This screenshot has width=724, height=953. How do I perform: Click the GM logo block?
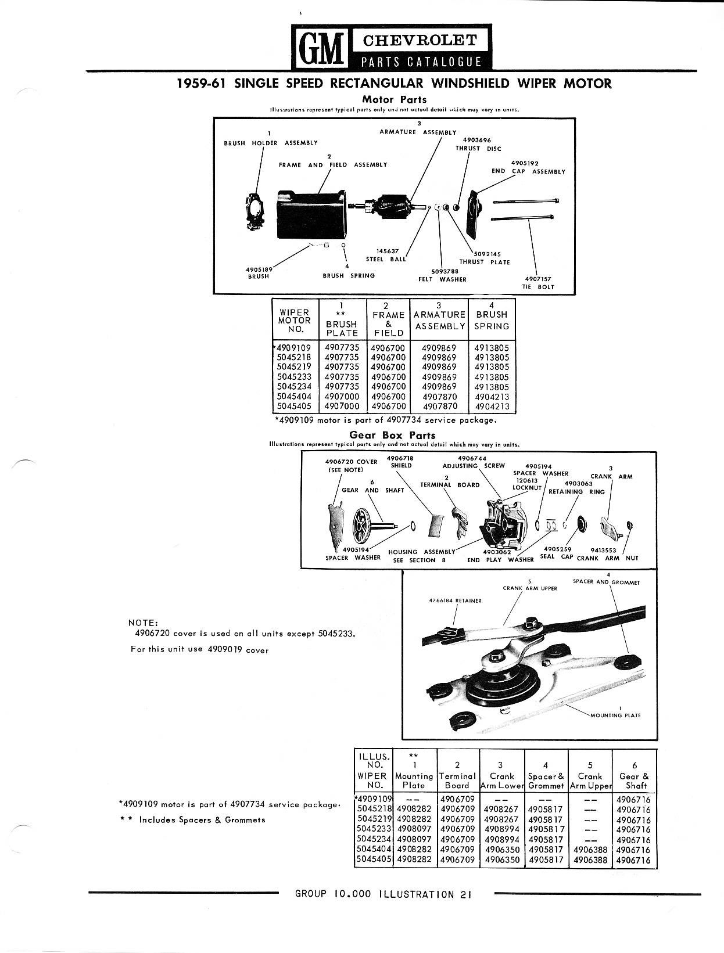(318, 47)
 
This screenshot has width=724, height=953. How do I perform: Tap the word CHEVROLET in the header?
(420, 40)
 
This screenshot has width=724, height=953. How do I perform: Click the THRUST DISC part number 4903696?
(476, 140)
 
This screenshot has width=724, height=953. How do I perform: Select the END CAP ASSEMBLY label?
(529, 171)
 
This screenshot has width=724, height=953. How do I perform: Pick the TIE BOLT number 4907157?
(537, 279)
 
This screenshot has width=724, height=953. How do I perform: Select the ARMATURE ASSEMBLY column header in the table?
(439, 320)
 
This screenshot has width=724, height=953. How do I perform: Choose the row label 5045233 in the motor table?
(295, 377)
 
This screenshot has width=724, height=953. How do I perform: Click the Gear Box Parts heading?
(392, 435)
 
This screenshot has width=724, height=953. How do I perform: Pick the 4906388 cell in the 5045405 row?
(590, 860)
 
